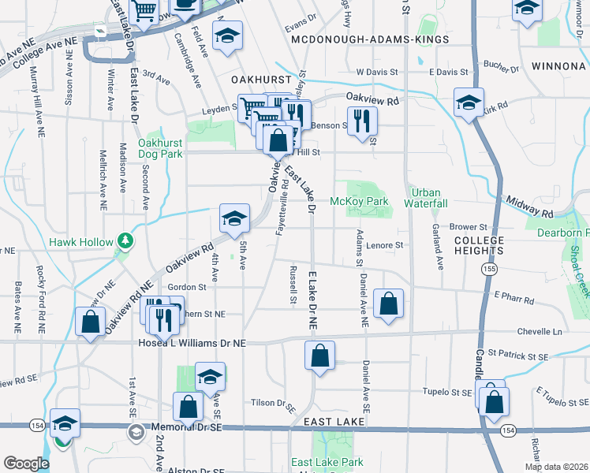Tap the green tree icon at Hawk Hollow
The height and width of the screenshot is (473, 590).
[x=124, y=240]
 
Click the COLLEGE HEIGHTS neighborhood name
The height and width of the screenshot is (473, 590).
[x=479, y=245]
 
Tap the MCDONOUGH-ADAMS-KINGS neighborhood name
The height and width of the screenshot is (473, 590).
[x=369, y=39]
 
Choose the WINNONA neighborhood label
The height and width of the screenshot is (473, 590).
[x=558, y=65]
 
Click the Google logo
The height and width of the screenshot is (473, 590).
[x=26, y=463]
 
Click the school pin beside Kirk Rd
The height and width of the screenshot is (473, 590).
[x=469, y=102]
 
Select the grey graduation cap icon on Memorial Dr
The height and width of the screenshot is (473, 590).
[x=136, y=432]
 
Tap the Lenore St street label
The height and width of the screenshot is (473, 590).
[x=384, y=246]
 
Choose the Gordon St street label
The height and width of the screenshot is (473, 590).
[x=181, y=287]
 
